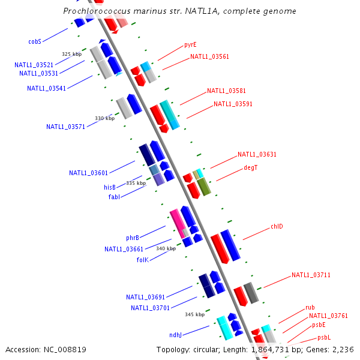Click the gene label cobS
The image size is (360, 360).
(35, 42)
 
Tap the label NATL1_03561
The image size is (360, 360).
(209, 57)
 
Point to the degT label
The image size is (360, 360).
(251, 167)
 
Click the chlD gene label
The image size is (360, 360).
(277, 227)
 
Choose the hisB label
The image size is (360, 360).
(110, 187)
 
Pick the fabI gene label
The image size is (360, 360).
(115, 197)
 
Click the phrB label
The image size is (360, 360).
(133, 238)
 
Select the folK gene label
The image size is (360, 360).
(142, 260)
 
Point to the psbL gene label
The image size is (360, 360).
(324, 338)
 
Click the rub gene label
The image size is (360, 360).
(310, 307)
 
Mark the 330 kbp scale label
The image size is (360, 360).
(104, 118)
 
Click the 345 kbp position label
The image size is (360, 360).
(194, 314)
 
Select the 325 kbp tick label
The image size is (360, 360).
(71, 54)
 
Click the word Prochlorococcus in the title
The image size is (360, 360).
(97, 11)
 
